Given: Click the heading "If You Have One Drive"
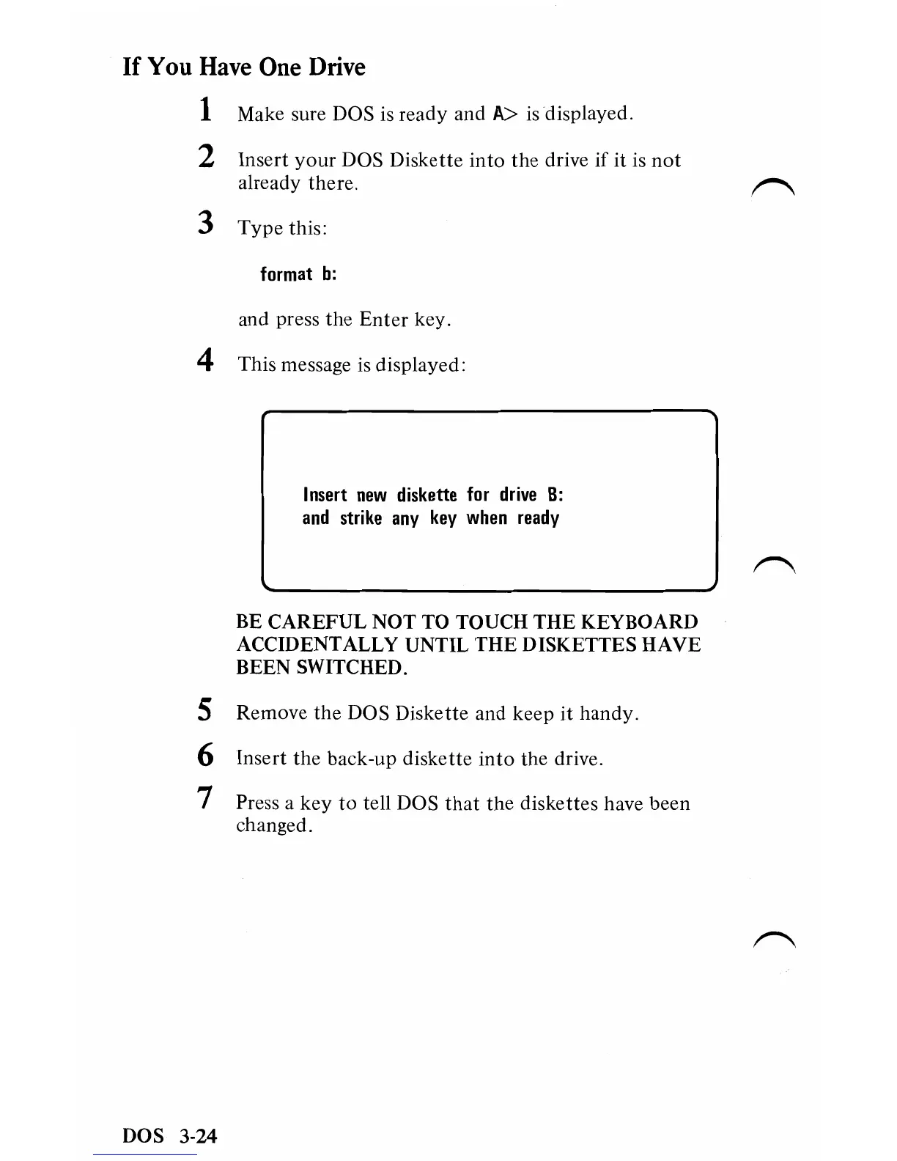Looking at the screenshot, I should tap(244, 67).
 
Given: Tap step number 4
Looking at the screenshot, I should tap(206, 361).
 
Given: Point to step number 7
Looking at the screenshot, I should tap(206, 799).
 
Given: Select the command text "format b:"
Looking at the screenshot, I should tap(298, 274).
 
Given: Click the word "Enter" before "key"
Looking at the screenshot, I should tap(384, 320).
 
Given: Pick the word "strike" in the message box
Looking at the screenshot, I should tap(361, 518).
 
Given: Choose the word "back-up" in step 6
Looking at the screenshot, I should tap(362, 759).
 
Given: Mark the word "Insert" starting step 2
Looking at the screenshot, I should tap(261, 160).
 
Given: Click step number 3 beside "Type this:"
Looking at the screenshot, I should tap(206, 223).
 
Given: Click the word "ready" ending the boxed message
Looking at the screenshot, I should tap(538, 518).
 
